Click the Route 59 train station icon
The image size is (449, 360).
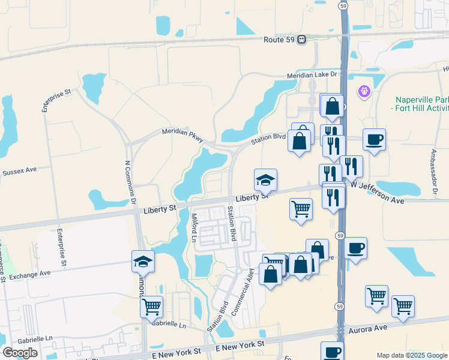[302, 40]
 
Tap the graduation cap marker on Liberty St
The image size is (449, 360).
[265, 179]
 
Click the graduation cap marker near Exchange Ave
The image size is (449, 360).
[143, 261]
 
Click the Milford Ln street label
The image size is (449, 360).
[194, 227]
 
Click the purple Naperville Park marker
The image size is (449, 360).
[364, 92]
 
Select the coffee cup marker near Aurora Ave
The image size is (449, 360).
[331, 352]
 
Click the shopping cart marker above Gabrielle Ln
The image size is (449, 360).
[151, 307]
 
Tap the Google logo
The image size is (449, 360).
[20, 353]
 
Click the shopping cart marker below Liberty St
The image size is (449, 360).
[301, 209]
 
